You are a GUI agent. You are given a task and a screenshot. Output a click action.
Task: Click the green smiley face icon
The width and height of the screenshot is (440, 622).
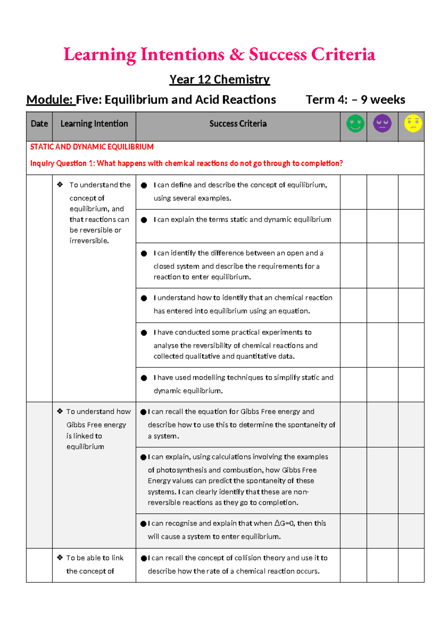point(355,124)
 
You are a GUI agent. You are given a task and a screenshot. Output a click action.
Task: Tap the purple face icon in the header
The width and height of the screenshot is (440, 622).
point(382,124)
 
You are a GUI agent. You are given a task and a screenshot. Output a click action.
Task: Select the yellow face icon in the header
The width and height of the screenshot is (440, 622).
point(413,124)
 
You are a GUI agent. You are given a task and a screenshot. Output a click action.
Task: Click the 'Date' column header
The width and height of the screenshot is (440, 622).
point(39,124)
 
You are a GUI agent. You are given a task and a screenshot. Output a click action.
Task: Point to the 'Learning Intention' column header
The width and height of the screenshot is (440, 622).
point(94,124)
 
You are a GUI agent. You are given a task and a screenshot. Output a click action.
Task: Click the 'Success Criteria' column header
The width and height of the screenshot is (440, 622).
point(238,124)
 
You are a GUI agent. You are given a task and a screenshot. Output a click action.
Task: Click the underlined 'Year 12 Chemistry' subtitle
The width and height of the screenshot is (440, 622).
point(219,79)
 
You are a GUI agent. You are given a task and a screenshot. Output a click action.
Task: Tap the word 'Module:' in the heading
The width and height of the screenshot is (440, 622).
point(50,100)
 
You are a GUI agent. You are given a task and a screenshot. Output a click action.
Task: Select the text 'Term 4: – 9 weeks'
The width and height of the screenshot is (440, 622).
point(355,100)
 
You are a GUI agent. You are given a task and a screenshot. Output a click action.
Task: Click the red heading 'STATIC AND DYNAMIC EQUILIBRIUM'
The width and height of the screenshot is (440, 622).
point(92,147)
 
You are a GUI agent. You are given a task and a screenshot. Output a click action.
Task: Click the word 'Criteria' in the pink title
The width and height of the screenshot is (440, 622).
point(343,55)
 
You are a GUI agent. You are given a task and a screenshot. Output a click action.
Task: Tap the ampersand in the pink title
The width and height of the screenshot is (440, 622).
point(237,55)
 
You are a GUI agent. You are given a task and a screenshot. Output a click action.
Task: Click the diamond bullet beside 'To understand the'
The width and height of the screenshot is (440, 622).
point(60,185)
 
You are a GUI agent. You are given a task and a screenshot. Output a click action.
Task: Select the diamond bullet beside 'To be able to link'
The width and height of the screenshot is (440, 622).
point(60,558)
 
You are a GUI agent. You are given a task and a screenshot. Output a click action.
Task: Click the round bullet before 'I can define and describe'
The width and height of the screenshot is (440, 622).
point(144,186)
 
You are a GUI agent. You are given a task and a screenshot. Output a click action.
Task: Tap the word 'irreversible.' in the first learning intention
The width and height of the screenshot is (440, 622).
point(89,241)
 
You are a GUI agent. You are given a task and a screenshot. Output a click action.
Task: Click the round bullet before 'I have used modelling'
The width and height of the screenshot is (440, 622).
point(144,378)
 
